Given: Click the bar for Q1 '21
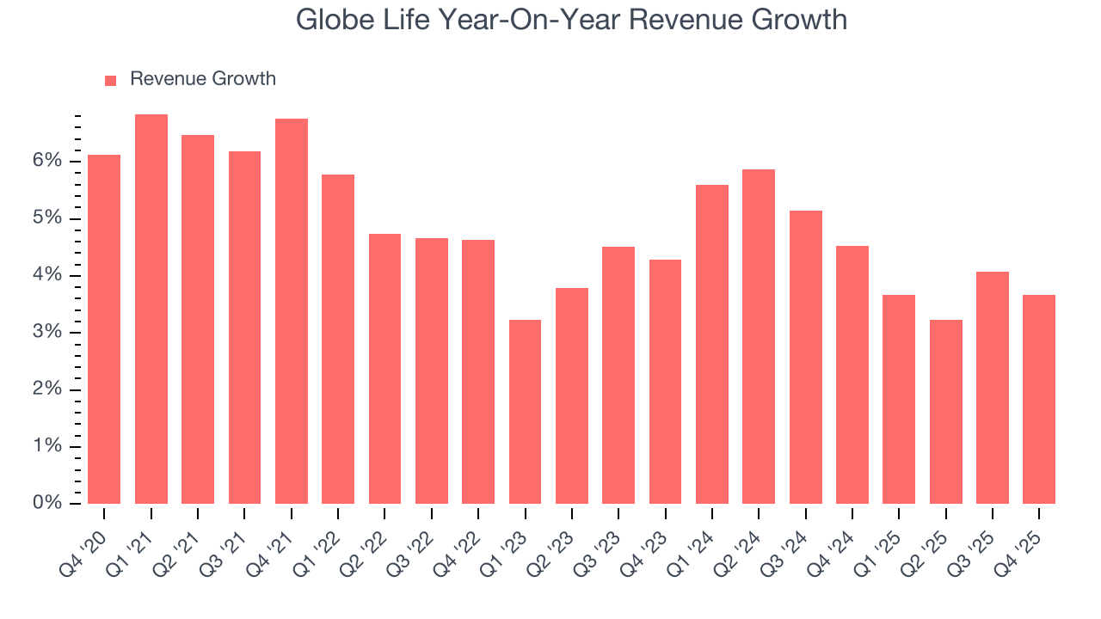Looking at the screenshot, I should pyautogui.click(x=151, y=309).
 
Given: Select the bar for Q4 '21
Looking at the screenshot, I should pyautogui.click(x=292, y=311).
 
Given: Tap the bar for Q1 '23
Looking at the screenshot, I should pyautogui.click(x=525, y=412).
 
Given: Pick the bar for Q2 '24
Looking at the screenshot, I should pyautogui.click(x=759, y=336).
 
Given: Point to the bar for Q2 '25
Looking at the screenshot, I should pyautogui.click(x=945, y=412).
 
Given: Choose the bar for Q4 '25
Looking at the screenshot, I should pyautogui.click(x=1039, y=399).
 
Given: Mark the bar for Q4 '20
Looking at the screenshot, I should pyautogui.click(x=104, y=329).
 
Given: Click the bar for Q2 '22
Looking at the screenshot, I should pyautogui.click(x=384, y=369).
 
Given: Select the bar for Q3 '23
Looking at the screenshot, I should pyautogui.click(x=618, y=375).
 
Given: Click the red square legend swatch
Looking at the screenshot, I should pyautogui.click(x=110, y=80).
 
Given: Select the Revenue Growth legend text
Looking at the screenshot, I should pyautogui.click(x=203, y=79).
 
